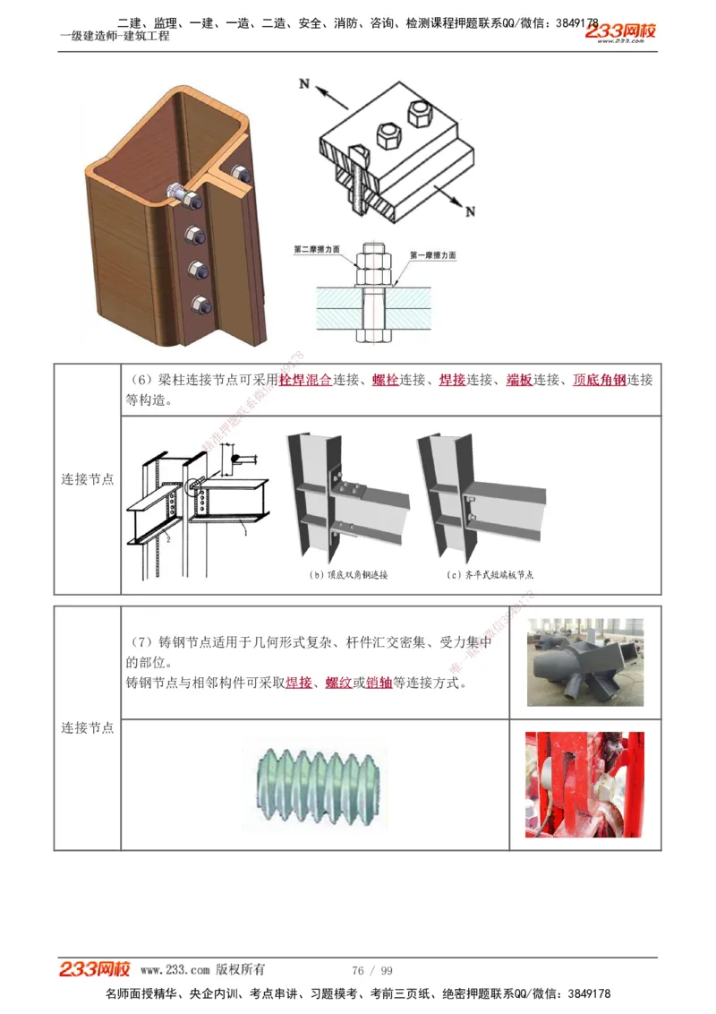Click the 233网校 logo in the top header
coord(621,32)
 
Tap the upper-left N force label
coord(304,84)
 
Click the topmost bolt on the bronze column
coord(177,192)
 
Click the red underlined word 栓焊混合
coord(305,380)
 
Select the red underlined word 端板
coord(519,380)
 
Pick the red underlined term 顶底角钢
coord(599,380)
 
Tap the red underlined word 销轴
coord(379,683)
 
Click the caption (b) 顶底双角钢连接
coord(348,575)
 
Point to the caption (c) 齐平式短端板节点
coord(490,575)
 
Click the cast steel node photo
coord(585,662)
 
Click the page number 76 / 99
coord(372,970)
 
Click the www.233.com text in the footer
coord(175,970)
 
